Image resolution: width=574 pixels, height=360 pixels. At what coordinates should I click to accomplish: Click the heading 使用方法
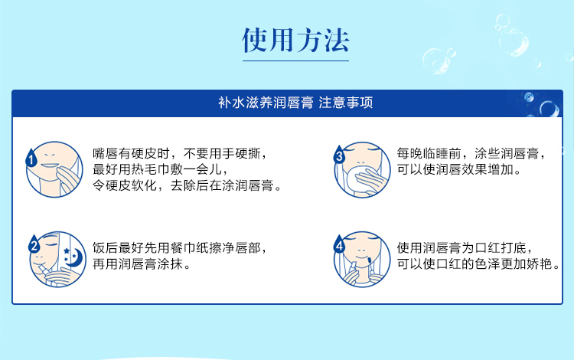pyautogui.click(x=295, y=40)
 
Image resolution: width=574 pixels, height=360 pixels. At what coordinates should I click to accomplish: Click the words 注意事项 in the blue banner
pyautogui.click(x=346, y=103)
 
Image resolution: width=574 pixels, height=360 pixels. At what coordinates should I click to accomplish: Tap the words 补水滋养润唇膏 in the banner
pyautogui.click(x=266, y=103)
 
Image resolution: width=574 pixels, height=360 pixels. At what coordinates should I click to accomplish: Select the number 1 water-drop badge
pyautogui.click(x=31, y=158)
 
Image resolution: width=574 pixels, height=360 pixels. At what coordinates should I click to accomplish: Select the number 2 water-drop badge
pyautogui.click(x=34, y=244)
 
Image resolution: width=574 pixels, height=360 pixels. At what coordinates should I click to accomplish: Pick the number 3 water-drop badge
pyautogui.click(x=339, y=154)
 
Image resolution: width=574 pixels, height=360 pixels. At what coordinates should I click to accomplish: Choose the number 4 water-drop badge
pyautogui.click(x=339, y=244)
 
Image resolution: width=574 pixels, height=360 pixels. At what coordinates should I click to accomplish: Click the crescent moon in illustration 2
pyautogui.click(x=76, y=256)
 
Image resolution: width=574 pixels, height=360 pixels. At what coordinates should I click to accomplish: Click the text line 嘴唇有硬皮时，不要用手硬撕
pyautogui.click(x=180, y=153)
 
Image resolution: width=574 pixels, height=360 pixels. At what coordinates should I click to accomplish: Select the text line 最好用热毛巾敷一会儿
pyautogui.click(x=161, y=169)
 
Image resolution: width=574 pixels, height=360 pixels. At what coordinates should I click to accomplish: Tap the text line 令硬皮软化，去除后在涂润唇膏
pyautogui.click(x=187, y=185)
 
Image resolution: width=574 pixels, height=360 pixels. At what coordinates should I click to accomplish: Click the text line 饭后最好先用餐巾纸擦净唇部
pyautogui.click(x=179, y=248)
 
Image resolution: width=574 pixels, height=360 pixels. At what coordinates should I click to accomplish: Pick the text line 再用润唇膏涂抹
pyautogui.click(x=142, y=264)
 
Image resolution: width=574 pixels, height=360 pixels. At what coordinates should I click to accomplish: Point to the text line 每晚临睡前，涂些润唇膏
pyautogui.click(x=471, y=153)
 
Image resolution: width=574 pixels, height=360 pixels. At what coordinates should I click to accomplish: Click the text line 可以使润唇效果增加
pyautogui.click(x=459, y=169)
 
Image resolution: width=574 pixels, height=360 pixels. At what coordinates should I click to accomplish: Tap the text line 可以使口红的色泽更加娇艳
pyautogui.click(x=478, y=264)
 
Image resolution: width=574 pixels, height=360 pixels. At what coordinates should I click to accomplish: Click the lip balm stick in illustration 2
pyautogui.click(x=44, y=271)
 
